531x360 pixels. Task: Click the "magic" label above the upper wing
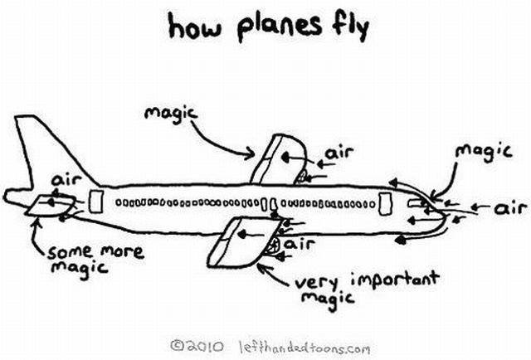(168, 114)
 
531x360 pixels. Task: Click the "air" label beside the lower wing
(300, 245)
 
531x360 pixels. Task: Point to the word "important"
(392, 280)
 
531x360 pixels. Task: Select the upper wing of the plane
(276, 158)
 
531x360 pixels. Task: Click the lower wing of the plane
(236, 241)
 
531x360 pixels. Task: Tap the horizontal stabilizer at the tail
(46, 206)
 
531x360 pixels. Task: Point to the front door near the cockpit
(384, 202)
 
